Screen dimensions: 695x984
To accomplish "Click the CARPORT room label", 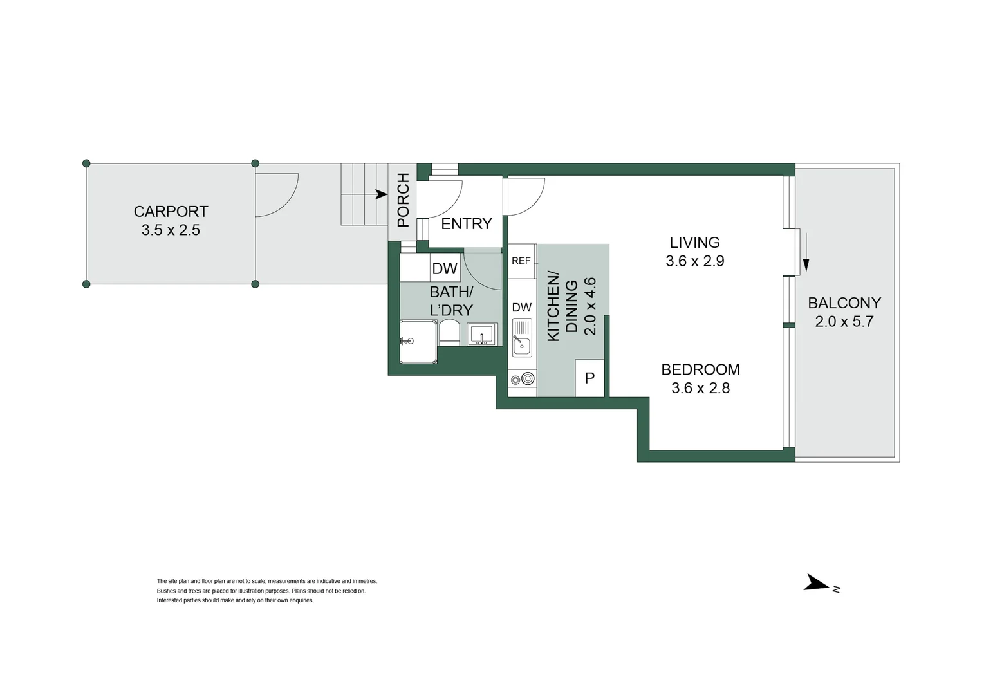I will [171, 211].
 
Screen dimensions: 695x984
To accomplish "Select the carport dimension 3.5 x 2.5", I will [171, 230].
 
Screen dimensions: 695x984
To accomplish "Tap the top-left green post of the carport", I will [86, 163].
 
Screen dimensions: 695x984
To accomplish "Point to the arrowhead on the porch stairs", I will [382, 194].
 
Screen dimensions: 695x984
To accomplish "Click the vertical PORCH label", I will [404, 199].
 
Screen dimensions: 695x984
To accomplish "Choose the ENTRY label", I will [466, 223].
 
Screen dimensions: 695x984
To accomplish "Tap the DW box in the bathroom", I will [445, 268].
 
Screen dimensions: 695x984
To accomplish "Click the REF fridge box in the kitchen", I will [521, 261].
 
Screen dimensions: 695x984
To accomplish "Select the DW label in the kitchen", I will [522, 308].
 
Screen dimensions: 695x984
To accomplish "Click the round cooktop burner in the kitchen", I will [528, 379].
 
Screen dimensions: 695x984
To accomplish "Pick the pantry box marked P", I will [589, 378].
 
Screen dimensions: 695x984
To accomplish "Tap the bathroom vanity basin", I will [481, 335].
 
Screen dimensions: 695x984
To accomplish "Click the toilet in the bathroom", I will [449, 333].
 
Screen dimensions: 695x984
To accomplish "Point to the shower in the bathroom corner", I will [418, 342].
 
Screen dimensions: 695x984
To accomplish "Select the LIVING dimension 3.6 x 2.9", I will [694, 261].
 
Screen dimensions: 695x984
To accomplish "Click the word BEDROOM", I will [700, 369].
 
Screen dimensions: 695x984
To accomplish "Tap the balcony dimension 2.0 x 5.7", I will [844, 322].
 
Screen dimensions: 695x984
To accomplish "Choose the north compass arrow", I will [817, 583].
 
